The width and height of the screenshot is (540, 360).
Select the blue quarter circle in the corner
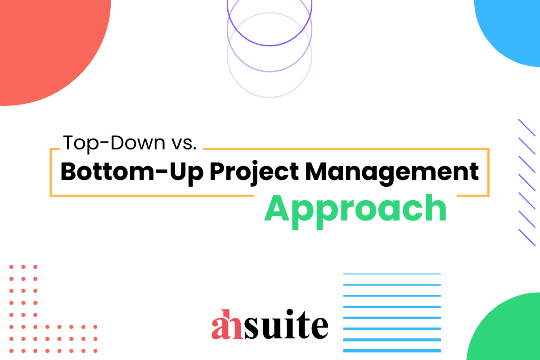[513, 27]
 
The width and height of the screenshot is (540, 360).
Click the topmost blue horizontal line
[392, 274]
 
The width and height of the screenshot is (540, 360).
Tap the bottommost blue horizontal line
[392, 351]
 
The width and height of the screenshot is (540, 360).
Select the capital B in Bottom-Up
[69, 172]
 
